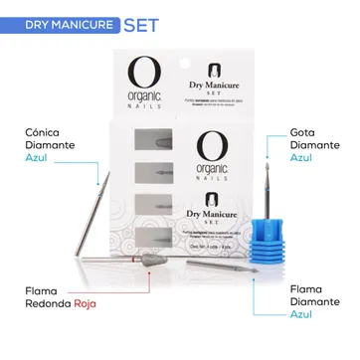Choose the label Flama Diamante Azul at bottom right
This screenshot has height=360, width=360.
(310, 300)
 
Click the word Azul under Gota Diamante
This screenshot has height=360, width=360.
(300, 157)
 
